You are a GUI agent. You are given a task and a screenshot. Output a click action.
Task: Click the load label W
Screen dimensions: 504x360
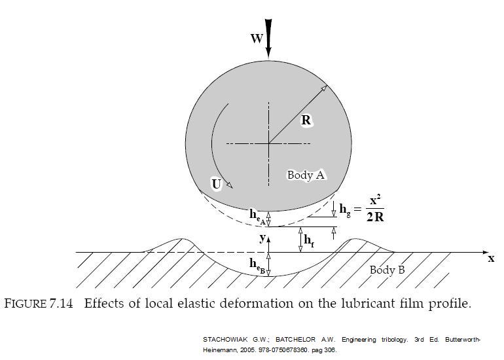coord(257,39)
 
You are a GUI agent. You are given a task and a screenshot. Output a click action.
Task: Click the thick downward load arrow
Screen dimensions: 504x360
coord(269,39)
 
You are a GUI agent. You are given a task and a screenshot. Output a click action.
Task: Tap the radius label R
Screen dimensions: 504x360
coord(306,120)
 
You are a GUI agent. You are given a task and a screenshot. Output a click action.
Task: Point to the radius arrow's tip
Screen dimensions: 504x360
coord(327,86)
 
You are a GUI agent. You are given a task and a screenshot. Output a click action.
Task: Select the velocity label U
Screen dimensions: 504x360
coord(217,184)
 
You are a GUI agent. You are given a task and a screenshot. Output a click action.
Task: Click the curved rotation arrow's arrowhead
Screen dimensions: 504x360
coord(230,185)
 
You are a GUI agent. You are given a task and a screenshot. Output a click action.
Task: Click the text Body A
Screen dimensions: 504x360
coord(306,175)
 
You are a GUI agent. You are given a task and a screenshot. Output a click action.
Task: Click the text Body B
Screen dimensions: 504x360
coord(387,270)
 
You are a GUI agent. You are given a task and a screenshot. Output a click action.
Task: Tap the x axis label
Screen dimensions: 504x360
coord(491,258)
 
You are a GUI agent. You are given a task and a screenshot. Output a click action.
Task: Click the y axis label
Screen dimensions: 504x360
coord(263,238)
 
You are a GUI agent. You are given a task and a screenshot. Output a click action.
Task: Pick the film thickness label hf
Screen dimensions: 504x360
coord(308,240)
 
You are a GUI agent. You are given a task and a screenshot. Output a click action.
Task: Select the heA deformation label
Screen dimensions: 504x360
coord(257,216)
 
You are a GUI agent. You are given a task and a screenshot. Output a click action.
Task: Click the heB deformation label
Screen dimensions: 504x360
coord(257,266)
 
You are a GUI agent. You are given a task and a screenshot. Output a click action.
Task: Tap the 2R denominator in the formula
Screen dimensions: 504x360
coord(375,217)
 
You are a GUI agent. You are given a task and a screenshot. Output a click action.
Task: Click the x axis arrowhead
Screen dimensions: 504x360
coord(485,253)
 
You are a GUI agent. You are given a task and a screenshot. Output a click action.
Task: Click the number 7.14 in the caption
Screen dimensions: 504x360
coord(62,304)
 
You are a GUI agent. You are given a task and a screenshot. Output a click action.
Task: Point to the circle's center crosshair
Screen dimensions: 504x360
coord(269,143)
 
